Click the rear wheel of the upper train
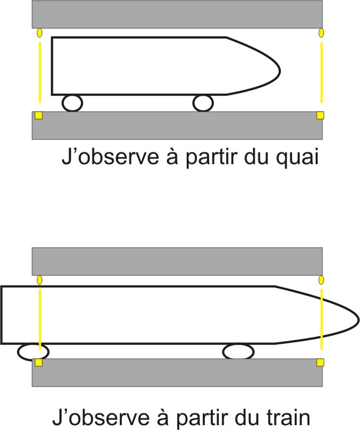pos(72,103)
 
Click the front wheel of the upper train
pos(203,103)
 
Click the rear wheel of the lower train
pos(33,352)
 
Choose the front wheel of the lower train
pos(238,351)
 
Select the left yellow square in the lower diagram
pos(39,363)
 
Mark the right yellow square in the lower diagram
pos(320,363)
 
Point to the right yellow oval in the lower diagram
pos(321,280)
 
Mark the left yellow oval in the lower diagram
pos(39,280)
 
